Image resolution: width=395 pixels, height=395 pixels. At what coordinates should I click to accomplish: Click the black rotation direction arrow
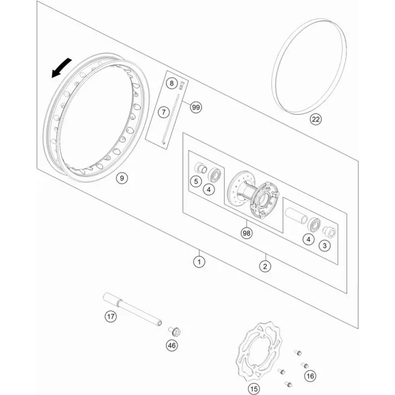click(60, 68)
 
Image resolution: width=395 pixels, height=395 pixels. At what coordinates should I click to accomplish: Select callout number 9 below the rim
click(122, 178)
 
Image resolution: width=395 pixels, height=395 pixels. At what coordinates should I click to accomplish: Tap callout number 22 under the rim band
click(315, 119)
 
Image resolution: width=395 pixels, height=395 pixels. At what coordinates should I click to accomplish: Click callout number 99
click(196, 108)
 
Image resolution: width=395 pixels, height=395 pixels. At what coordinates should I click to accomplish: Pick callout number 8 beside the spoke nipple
click(172, 83)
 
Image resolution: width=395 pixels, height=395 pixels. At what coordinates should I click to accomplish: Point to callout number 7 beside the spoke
click(164, 112)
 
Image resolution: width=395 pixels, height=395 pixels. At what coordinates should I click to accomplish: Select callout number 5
click(196, 181)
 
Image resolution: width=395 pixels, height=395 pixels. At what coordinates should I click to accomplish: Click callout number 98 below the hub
click(247, 233)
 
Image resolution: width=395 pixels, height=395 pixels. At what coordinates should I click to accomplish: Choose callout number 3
click(324, 245)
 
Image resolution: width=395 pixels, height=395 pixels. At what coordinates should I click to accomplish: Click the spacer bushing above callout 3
click(329, 232)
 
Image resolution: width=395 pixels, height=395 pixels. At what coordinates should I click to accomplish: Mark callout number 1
click(199, 262)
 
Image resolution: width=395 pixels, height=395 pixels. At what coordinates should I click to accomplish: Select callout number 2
click(265, 266)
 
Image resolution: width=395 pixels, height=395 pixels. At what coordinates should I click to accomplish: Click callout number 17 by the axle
click(111, 317)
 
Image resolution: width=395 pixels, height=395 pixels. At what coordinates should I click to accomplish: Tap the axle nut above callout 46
click(174, 331)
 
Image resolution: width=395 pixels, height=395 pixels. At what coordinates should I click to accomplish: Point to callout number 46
click(172, 345)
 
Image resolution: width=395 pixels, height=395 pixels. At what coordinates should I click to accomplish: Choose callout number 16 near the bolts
click(310, 376)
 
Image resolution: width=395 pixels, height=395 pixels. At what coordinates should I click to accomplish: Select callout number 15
click(254, 389)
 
